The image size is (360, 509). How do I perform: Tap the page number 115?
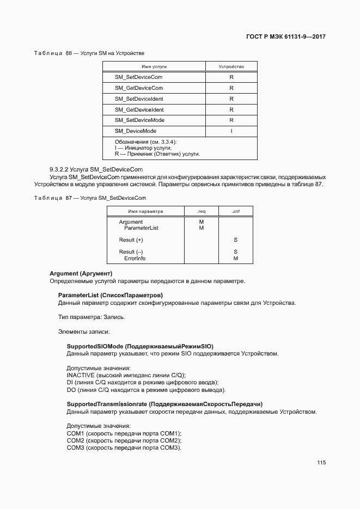pos(321,463)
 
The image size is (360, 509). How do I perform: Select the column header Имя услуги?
pos(154,66)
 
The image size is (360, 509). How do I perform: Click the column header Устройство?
pos(231,66)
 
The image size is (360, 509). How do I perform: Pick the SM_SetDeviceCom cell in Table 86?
pos(138,77)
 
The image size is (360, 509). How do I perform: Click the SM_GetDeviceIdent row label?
pos(139,109)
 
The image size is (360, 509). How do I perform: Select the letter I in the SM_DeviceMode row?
pos(231,131)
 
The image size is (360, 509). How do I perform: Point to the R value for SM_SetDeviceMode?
pos(231,120)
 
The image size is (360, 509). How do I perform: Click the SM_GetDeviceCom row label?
pos(138,88)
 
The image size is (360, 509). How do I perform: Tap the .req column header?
pos(201,211)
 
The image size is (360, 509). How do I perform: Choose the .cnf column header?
pos(235,211)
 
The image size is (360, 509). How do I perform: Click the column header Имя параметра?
pos(145,211)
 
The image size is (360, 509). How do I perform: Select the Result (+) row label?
pos(131,240)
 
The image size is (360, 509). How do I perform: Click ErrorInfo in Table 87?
pos(135,259)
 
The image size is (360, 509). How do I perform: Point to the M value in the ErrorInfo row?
pos(235,259)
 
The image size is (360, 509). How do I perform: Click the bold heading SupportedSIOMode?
pos(140,346)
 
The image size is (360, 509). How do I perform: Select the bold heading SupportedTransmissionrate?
pos(164,404)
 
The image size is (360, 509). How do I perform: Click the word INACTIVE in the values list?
pos(81,375)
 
